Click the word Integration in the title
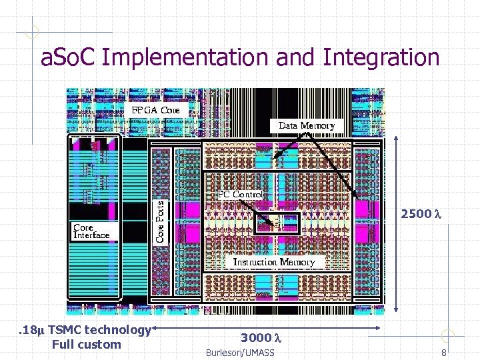pos(381,58)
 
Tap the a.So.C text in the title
pos(69,58)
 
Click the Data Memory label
pos(306,125)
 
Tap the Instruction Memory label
pos(273,262)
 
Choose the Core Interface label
pos(91,231)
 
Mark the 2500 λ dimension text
pos(421,215)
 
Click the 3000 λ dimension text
pos(261,339)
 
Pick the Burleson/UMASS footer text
pos(240,352)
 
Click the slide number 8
pos(443,352)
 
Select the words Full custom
pos(86,344)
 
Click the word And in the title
pos(296,58)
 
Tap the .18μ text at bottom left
pos(30,330)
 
